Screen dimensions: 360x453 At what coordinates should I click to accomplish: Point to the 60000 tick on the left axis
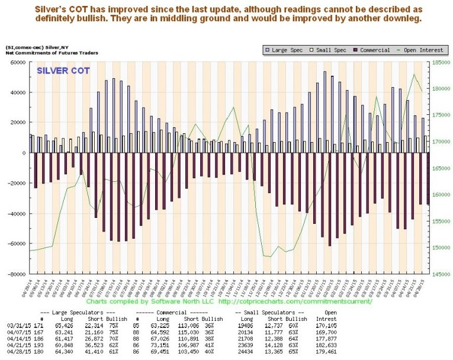tap(18, 62)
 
